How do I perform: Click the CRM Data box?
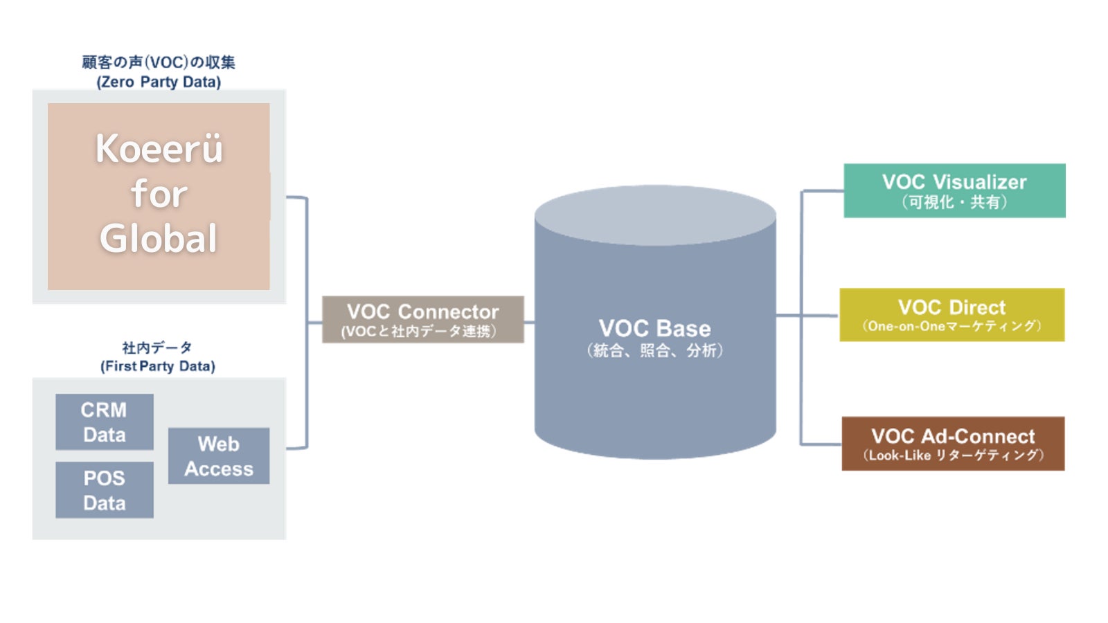105,422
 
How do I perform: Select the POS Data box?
105,490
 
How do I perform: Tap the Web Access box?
219,455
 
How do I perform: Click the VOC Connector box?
422,319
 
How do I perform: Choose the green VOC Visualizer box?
954,190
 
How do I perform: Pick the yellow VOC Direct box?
951,315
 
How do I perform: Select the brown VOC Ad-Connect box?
953,444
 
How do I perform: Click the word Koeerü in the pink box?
159,148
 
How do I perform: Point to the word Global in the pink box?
159,239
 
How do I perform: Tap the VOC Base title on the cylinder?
654,328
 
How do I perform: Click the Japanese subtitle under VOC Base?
654,351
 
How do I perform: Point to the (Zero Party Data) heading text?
159,82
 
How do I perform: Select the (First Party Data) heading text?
158,366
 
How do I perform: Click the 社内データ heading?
157,347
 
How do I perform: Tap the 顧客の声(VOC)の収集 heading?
159,62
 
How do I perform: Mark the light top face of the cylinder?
655,214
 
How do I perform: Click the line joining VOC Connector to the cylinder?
529,322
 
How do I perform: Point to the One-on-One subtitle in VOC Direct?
951,326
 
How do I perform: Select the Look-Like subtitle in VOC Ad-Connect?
953,455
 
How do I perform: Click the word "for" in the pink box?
159,193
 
